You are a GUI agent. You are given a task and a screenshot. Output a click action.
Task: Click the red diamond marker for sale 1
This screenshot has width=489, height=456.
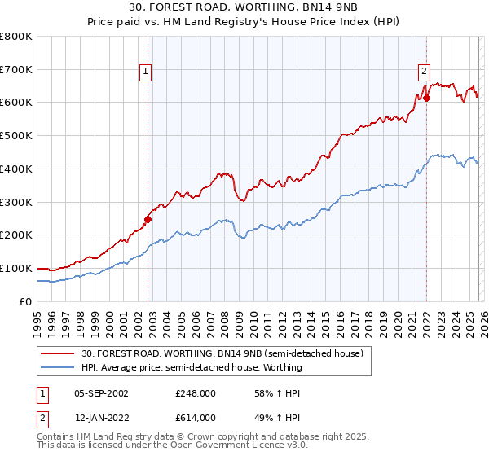pyautogui.click(x=148, y=218)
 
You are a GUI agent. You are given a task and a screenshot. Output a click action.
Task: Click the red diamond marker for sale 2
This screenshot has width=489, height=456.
pyautogui.click(x=426, y=97)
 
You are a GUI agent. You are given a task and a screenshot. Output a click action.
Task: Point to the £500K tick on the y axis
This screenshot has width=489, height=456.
pyautogui.click(x=15, y=135)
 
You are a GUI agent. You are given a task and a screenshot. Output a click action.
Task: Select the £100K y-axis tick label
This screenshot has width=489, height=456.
pyautogui.click(x=15, y=268)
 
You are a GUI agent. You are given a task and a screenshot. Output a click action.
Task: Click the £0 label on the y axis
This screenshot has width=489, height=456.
pyautogui.click(x=26, y=301)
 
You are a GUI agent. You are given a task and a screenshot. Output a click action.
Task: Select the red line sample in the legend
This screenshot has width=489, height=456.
pyautogui.click(x=59, y=353)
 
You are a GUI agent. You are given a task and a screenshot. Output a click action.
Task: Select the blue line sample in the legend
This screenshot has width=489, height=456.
pyautogui.click(x=59, y=367)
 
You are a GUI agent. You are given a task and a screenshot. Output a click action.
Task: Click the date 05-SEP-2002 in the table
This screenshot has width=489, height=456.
pyautogui.click(x=102, y=393)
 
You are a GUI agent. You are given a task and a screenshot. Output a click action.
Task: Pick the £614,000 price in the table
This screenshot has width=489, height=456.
pyautogui.click(x=196, y=417)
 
